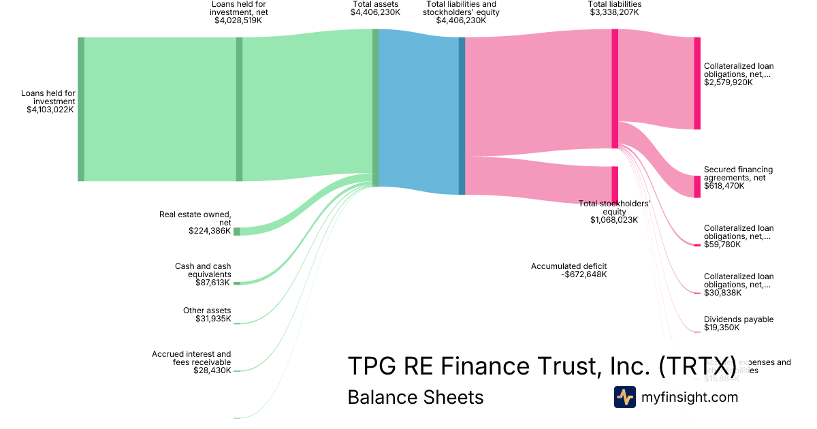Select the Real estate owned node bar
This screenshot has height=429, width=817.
point(237,232)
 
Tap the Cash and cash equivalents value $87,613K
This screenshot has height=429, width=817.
point(212,283)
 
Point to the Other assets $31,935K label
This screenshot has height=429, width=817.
point(207,315)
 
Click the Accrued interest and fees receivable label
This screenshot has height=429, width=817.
point(191,358)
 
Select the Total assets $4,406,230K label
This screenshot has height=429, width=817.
point(375,8)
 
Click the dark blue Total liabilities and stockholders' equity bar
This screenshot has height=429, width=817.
point(462,116)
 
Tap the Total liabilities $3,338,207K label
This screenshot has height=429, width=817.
point(615,8)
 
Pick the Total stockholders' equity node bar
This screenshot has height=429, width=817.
point(615,185)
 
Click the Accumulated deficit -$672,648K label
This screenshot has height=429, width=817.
point(568,270)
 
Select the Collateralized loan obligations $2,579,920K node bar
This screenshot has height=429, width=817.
point(696,83)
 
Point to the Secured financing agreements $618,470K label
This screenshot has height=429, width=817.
point(738,177)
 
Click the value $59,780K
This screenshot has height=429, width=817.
point(722,244)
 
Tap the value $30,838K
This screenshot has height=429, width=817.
point(722,293)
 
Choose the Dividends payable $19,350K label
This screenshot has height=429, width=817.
point(738,323)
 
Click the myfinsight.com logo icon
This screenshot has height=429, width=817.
point(624,397)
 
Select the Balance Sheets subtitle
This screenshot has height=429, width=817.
point(415,397)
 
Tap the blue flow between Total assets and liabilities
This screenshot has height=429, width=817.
point(419,112)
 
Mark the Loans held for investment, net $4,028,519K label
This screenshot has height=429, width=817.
point(238,12)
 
